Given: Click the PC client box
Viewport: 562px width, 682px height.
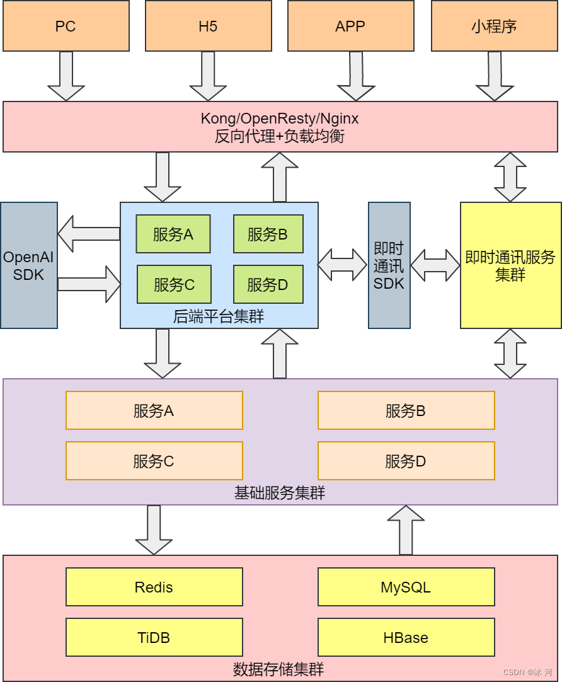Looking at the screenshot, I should point(66,26).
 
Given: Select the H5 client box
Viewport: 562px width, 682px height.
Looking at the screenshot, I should point(208,26).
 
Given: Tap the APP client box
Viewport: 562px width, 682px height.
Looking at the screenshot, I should point(350,26).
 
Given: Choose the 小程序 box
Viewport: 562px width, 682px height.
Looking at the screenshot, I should point(494,26).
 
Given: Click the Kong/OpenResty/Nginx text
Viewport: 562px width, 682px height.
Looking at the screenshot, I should point(280,118).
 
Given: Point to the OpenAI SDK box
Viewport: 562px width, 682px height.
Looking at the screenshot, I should point(29,265).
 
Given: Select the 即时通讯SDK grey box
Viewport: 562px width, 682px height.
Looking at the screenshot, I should point(389,265).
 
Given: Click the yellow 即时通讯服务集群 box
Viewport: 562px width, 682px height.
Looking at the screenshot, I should point(510,265).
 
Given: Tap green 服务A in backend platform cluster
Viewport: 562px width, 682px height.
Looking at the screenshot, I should point(173,234).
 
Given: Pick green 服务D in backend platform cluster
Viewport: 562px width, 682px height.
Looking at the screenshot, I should point(268,284).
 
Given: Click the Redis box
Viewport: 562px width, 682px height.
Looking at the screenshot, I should point(154,587).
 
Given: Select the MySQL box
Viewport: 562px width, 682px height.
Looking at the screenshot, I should point(406,587).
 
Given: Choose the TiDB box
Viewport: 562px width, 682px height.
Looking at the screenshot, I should point(154,637).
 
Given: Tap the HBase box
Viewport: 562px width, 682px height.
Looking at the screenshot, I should point(406,637).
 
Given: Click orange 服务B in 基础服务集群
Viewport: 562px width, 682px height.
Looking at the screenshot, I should point(406,410).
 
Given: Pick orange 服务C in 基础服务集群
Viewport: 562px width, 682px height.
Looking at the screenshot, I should point(154,461).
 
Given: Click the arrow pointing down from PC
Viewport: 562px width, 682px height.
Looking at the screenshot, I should point(66,76).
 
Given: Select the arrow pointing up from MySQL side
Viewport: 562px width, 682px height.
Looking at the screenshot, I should point(406,530).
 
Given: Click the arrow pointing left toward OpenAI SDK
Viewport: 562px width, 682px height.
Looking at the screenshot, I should point(89,234).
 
